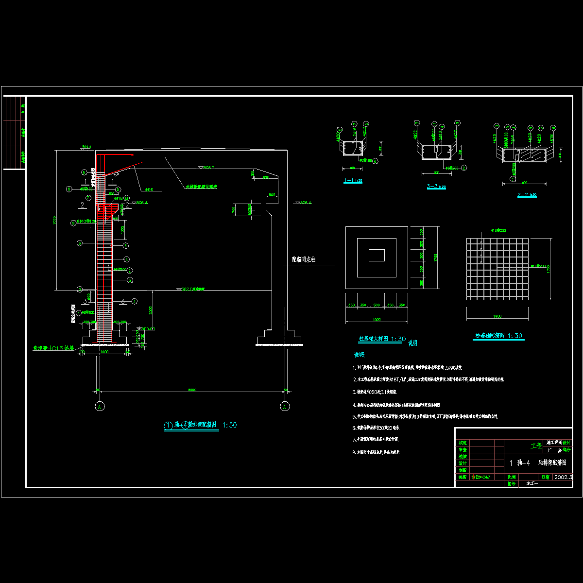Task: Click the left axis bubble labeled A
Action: point(100,406)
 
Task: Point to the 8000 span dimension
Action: point(192,389)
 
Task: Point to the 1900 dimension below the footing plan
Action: point(376,320)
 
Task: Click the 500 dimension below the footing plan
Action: point(376,305)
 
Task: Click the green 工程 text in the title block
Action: point(536,446)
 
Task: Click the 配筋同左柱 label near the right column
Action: point(303,260)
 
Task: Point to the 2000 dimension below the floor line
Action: point(152,309)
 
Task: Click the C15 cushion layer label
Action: point(52,348)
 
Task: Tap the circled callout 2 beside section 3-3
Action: point(464,168)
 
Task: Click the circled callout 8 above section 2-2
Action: point(552,127)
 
